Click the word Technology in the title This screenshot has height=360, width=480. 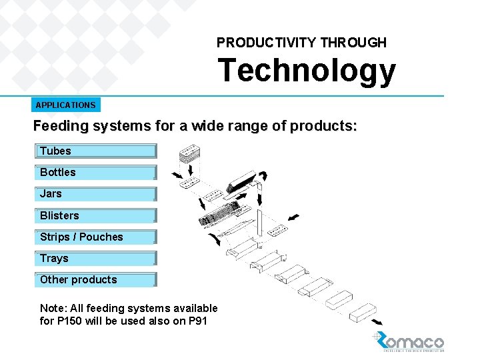tap(306, 71)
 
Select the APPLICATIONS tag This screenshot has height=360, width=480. tap(65, 105)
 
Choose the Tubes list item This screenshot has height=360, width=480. tap(95, 151)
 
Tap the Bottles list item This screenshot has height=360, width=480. tap(95, 173)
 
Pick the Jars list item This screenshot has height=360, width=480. tap(95, 194)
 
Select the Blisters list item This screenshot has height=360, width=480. tap(95, 215)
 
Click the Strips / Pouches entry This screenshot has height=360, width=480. tap(95, 237)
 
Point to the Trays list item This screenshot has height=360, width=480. tap(95, 258)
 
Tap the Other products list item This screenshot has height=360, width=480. tap(95, 280)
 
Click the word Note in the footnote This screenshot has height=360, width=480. tap(52, 308)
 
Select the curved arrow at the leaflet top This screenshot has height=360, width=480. tap(263, 176)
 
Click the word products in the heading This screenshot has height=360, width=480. tap(321, 126)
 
